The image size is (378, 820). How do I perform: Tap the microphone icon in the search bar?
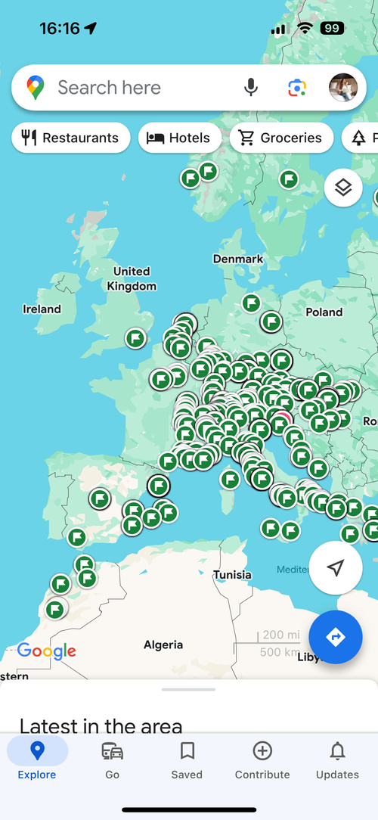click(x=251, y=88)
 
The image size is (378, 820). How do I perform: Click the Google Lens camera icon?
click(x=297, y=88)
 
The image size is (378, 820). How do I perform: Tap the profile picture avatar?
click(x=343, y=88)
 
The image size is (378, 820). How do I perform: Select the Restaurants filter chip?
click(x=71, y=138)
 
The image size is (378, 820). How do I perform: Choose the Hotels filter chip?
click(x=180, y=138)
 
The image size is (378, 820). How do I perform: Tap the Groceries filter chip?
click(x=281, y=138)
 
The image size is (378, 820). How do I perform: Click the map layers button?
click(x=343, y=188)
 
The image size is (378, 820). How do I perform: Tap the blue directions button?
click(x=336, y=637)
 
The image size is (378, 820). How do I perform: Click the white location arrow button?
click(x=336, y=568)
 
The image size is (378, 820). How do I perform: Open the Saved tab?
click(x=187, y=759)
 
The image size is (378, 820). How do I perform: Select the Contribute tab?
click(x=262, y=759)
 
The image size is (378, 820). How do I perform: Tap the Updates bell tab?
click(x=337, y=759)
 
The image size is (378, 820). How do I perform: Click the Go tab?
click(x=113, y=759)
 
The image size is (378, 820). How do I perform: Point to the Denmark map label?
click(x=238, y=259)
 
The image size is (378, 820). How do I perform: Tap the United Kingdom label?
click(x=132, y=278)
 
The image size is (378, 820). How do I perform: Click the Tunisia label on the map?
click(x=232, y=575)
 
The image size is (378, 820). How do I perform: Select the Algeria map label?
click(x=163, y=645)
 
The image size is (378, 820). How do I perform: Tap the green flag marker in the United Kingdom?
click(x=135, y=338)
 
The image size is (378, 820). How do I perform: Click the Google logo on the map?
click(x=47, y=651)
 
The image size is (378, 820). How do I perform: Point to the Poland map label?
click(x=324, y=312)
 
